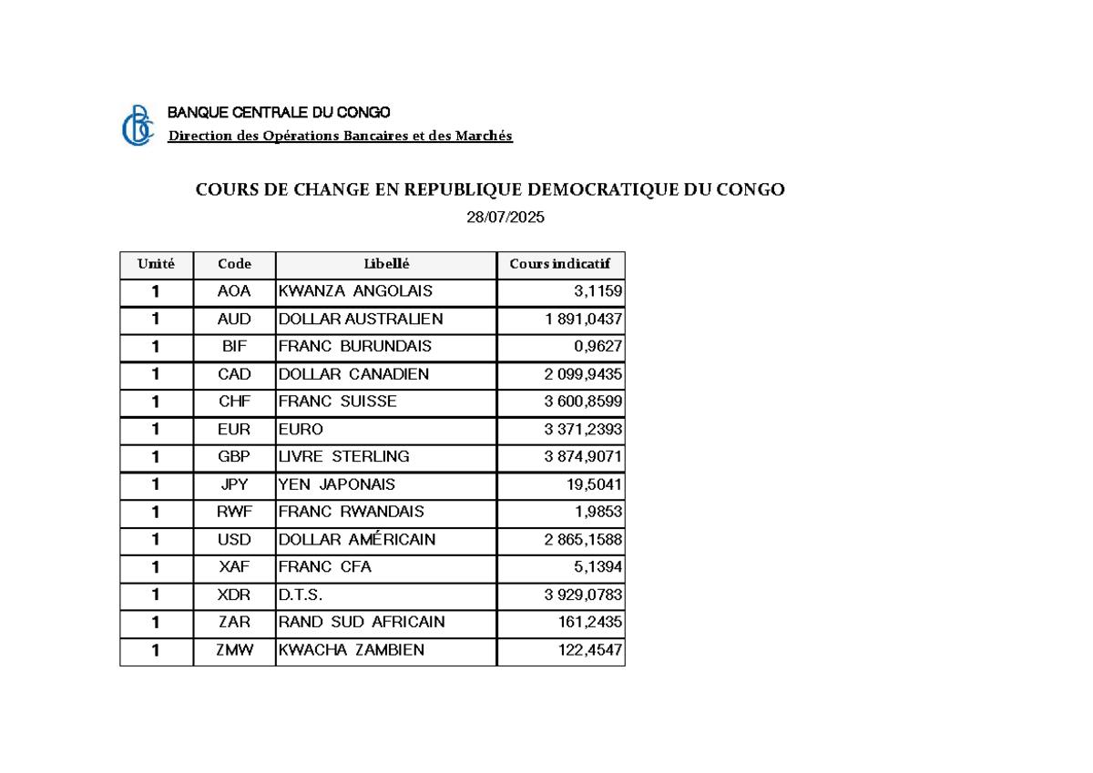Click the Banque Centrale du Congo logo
[x=138, y=126]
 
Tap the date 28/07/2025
[x=505, y=218]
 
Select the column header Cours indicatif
[x=560, y=264]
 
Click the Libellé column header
[x=386, y=264]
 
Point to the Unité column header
[x=156, y=264]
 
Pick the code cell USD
[x=234, y=540]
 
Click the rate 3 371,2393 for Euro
[x=584, y=429]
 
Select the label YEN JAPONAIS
[x=337, y=484]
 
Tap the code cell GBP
[x=234, y=457]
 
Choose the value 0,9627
[x=598, y=347]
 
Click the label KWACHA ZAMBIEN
[x=351, y=650]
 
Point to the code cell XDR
[x=234, y=595]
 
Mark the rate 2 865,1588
[x=584, y=540]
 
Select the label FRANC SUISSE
[x=337, y=402]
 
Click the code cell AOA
[x=234, y=291]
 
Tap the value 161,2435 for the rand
[x=590, y=623]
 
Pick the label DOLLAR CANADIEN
[x=353, y=374]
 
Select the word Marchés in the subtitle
[x=487, y=137]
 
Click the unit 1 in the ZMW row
[x=156, y=650]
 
